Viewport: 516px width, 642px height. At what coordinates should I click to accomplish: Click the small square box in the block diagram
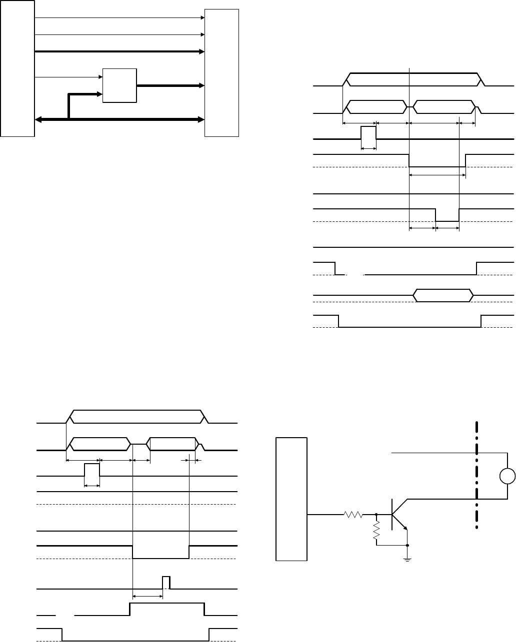coord(119,85)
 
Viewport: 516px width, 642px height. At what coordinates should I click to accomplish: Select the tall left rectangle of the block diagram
coord(17,68)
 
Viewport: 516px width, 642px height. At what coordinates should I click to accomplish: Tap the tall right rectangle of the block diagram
coord(222,72)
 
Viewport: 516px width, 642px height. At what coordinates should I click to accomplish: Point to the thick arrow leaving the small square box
coord(170,85)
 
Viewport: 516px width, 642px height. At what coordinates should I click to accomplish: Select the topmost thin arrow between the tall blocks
coord(120,17)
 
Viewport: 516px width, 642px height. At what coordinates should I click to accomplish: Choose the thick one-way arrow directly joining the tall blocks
coord(120,51)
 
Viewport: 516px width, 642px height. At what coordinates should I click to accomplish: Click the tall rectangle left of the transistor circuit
coord(291,499)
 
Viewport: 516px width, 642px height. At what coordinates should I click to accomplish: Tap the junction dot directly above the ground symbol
coord(407,545)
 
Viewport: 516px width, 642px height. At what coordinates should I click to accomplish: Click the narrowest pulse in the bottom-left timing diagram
coord(166,583)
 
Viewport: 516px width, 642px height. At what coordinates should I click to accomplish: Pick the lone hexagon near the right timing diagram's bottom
coord(443,295)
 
